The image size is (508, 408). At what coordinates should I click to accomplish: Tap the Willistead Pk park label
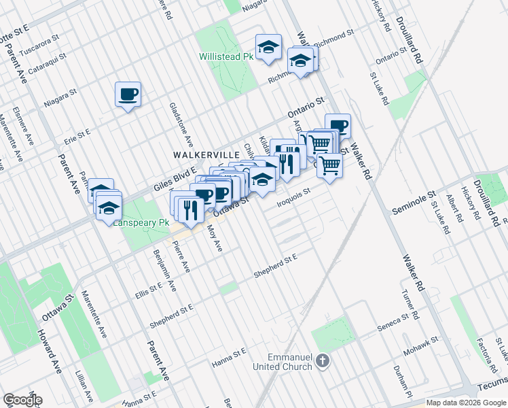[x=225, y=57]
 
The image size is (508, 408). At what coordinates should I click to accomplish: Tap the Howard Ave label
[x=49, y=351]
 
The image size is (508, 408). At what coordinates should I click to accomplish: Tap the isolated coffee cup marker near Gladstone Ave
[x=128, y=95]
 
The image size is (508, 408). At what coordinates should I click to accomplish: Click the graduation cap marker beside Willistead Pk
[x=269, y=47]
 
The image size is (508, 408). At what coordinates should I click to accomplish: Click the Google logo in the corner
[x=22, y=400]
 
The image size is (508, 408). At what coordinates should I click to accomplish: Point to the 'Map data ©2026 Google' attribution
[x=466, y=403]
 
